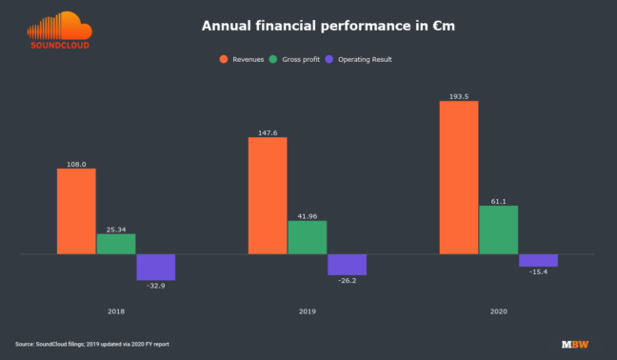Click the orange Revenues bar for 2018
point(76,211)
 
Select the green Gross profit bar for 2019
point(308,237)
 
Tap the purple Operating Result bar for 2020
point(538,260)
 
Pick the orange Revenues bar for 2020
point(459,177)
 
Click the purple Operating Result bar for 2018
point(155,267)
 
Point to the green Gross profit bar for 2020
point(499,230)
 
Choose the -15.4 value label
point(538,272)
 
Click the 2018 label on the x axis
point(116,311)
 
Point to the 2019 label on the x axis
point(308,311)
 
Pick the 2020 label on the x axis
point(499,311)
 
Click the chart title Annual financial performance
point(328,26)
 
